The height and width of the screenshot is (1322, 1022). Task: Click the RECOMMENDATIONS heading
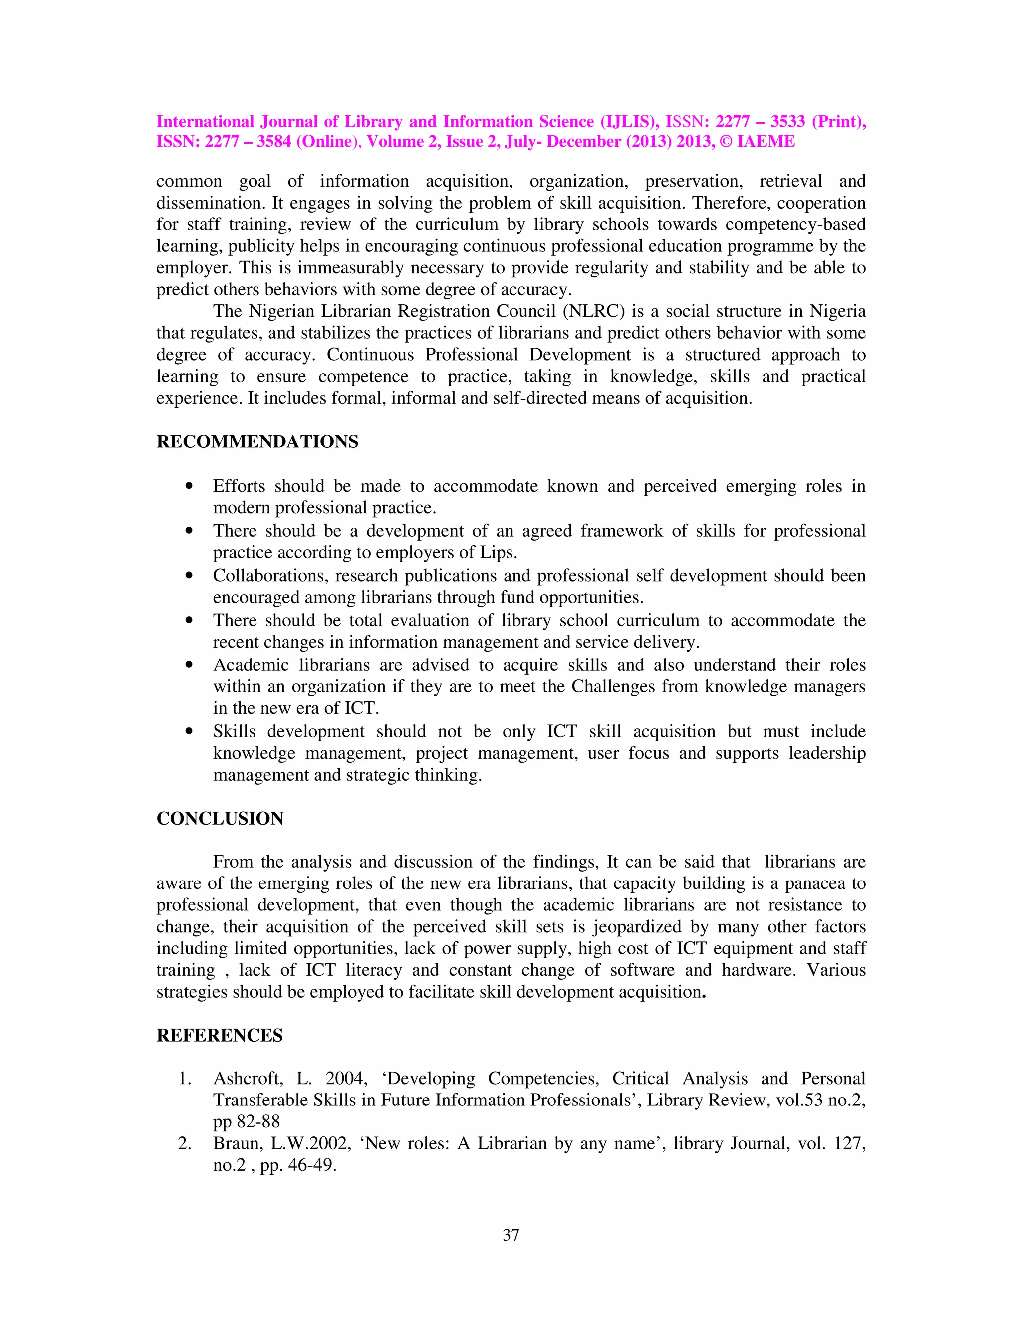[x=257, y=442]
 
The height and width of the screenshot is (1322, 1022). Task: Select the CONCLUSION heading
[x=220, y=818]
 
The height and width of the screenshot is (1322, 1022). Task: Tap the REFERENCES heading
[x=219, y=1035]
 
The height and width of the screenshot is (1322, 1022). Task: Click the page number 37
[x=511, y=1235]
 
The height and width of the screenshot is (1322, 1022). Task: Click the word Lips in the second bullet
[x=500, y=553]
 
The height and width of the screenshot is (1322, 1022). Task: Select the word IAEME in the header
[x=766, y=142]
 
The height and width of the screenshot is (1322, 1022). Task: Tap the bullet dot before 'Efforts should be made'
[x=190, y=486]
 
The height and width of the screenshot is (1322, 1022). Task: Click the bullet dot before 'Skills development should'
[x=190, y=732]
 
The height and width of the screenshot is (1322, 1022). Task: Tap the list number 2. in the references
[x=185, y=1143]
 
